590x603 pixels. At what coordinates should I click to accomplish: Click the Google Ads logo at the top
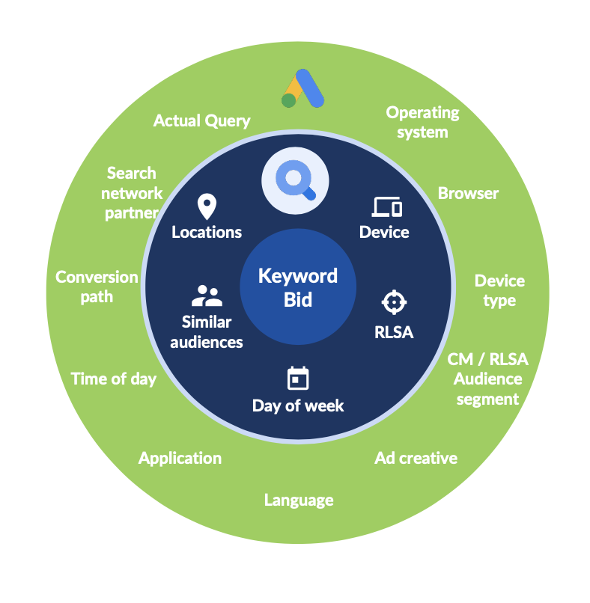tap(302, 89)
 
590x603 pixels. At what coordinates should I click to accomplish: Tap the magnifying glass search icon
tap(295, 180)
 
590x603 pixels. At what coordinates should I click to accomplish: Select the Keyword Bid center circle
tap(297, 287)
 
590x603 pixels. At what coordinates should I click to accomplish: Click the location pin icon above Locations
tap(206, 206)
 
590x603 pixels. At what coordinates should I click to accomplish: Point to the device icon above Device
tap(386, 207)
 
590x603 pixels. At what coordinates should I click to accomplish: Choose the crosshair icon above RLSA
tap(393, 302)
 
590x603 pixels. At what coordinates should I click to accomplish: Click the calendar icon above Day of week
tap(298, 379)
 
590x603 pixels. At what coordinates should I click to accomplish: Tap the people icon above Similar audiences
tap(207, 296)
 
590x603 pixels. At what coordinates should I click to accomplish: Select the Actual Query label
tap(201, 120)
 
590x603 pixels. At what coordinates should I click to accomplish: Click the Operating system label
tap(422, 122)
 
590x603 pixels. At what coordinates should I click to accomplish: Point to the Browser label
tap(468, 193)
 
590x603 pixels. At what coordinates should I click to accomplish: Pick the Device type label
tap(499, 290)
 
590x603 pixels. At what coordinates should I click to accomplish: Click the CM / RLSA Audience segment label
tap(487, 379)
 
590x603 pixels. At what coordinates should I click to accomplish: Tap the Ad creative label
tap(416, 458)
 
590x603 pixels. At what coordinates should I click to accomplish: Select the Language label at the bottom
tap(298, 500)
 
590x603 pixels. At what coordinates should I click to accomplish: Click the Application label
tap(180, 458)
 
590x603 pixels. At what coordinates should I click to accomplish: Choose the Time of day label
tap(114, 379)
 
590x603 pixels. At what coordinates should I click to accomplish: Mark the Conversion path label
tap(97, 287)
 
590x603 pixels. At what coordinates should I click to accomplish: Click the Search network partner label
tap(132, 193)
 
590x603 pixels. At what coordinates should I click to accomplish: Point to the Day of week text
tap(298, 405)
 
